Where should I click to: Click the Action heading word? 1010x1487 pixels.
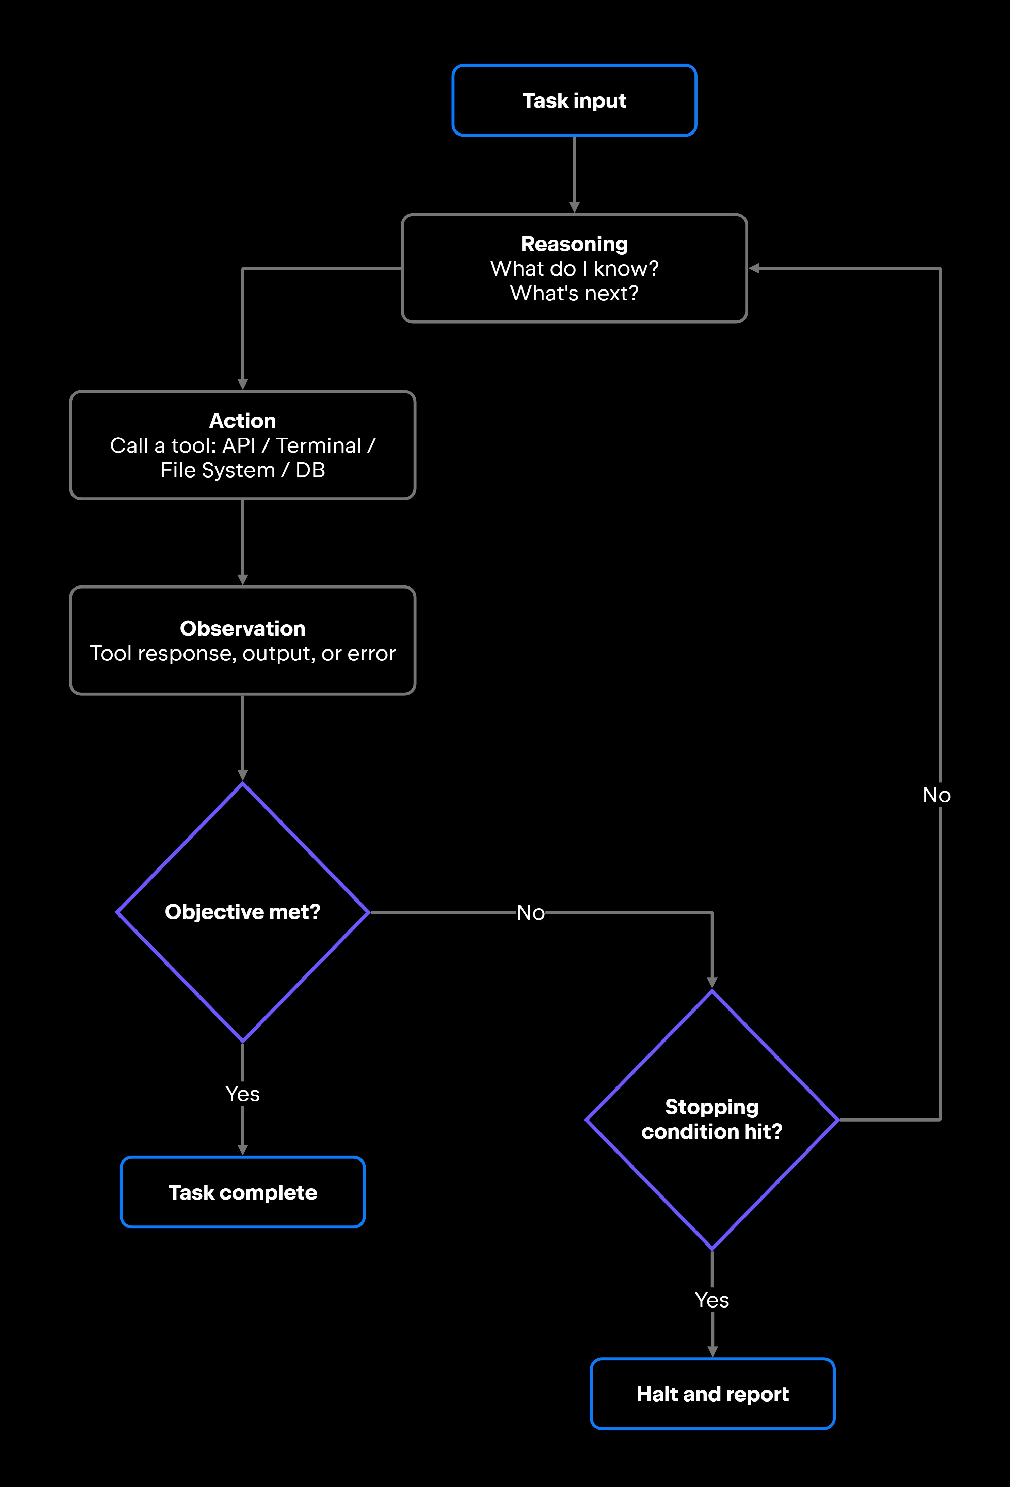point(242,420)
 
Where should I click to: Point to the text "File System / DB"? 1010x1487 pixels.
point(242,470)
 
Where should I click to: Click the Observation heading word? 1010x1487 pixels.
point(242,628)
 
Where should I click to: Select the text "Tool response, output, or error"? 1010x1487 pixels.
point(242,653)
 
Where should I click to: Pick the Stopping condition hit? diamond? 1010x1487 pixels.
point(712,1120)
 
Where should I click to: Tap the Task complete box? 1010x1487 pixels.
point(242,1192)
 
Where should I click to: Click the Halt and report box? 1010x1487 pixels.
point(712,1394)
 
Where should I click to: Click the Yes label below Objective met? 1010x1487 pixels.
point(242,1094)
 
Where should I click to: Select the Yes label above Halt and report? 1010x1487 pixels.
point(712,1300)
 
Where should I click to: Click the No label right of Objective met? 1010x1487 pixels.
point(531,912)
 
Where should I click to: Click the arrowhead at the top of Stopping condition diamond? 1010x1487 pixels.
point(712,983)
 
